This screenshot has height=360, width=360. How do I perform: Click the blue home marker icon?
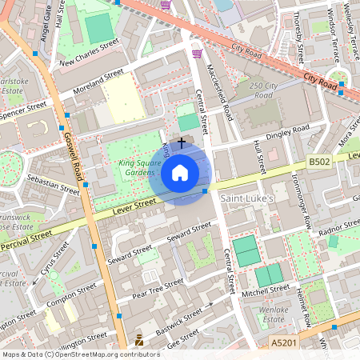tap(180, 172)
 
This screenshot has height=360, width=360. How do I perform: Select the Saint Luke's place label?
tap(247, 198)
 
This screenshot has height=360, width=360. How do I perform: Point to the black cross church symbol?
tap(182, 142)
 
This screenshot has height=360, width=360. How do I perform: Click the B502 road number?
tap(320, 162)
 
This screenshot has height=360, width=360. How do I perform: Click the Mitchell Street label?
tap(268, 294)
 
